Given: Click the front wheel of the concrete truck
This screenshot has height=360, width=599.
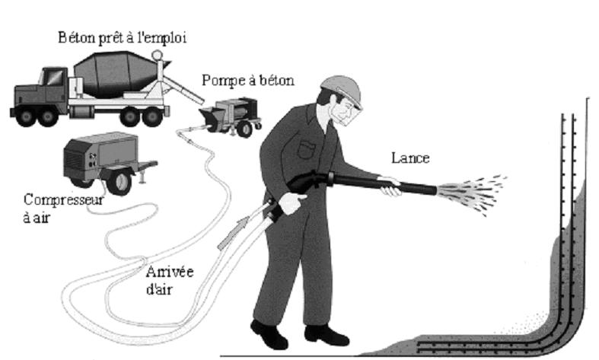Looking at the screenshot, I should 31,114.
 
